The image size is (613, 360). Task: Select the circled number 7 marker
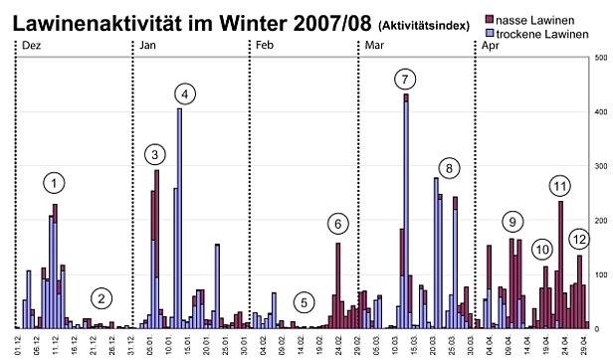click(404, 79)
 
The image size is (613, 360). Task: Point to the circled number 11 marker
click(560, 186)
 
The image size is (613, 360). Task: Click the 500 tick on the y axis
click(599, 58)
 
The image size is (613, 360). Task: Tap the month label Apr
click(490, 47)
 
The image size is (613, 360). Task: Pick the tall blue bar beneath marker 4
click(179, 219)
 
